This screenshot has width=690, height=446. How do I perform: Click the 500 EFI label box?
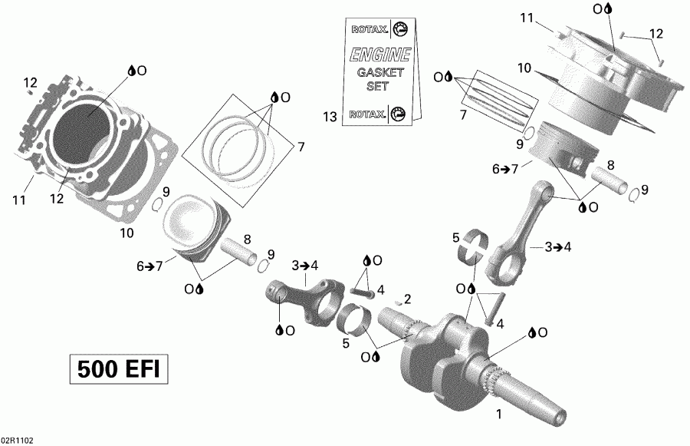click(x=117, y=369)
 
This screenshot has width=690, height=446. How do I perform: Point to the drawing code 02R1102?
click(x=17, y=441)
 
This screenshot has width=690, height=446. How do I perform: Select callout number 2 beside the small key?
click(x=408, y=299)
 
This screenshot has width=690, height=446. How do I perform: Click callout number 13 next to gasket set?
click(x=330, y=117)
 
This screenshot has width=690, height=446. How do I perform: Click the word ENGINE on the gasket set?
click(x=380, y=55)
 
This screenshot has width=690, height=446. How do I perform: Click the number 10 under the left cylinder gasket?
click(x=127, y=233)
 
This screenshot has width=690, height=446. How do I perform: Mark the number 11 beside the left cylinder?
click(x=19, y=201)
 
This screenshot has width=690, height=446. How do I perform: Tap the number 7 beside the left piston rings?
click(x=301, y=147)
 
